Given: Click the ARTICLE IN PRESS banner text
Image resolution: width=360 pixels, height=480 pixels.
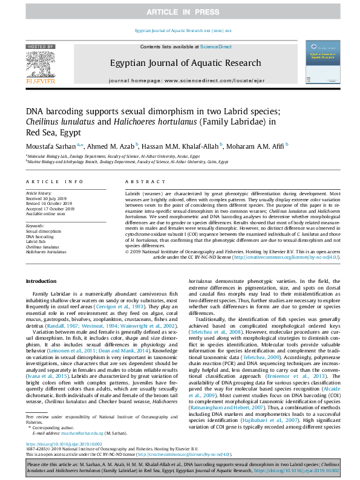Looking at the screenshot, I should click(x=180, y=12).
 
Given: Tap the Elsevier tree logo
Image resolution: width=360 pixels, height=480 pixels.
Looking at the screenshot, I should click(x=41, y=66).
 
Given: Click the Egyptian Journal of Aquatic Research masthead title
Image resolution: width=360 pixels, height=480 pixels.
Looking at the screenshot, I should click(x=180, y=62).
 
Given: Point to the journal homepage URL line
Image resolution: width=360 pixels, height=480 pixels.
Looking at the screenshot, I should click(x=180, y=80).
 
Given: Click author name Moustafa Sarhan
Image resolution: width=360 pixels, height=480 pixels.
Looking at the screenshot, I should click(x=50, y=145).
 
